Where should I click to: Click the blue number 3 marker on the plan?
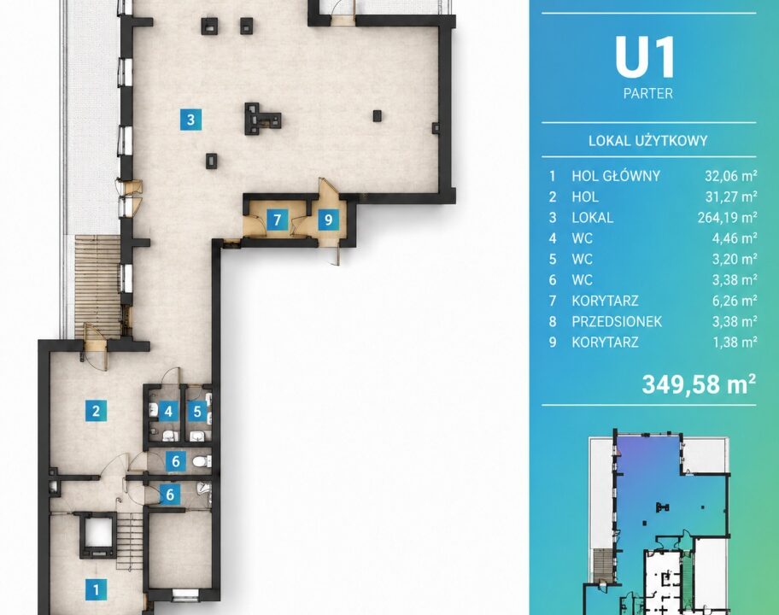pyautogui.click(x=190, y=120)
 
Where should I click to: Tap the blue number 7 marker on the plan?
pyautogui.click(x=278, y=219)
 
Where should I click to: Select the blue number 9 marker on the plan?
pyautogui.click(x=328, y=219)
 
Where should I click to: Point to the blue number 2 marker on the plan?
pyautogui.click(x=96, y=411)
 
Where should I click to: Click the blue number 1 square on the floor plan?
pyautogui.click(x=96, y=589)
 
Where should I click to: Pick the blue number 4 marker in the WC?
pyautogui.click(x=168, y=412)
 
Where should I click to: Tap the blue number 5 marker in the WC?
pyautogui.click(x=197, y=412)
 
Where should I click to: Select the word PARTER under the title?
pyautogui.click(x=648, y=93)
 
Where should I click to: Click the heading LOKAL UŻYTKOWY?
pyautogui.click(x=647, y=141)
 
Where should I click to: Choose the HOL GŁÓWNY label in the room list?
pyautogui.click(x=616, y=176)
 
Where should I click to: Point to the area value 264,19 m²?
pyautogui.click(x=728, y=218)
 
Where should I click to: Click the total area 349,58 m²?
pyautogui.click(x=699, y=384)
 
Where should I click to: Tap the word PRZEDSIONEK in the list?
pyautogui.click(x=617, y=322)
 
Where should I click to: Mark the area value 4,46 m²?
pyautogui.click(x=735, y=238)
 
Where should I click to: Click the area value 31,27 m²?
pyautogui.click(x=731, y=196)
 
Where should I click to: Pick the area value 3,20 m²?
pyautogui.click(x=735, y=260)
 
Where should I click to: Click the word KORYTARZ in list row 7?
pyautogui.click(x=605, y=301)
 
